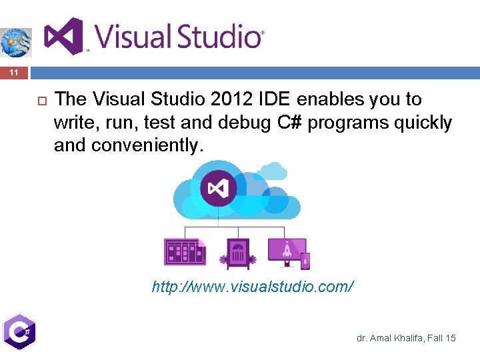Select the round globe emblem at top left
pyautogui.click(x=15, y=42)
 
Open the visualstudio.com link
pyautogui.click(x=253, y=287)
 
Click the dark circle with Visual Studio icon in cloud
pyautogui.click(x=218, y=189)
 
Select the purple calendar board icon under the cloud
pyautogui.click(x=185, y=252)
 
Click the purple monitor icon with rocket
pyautogui.click(x=287, y=251)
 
